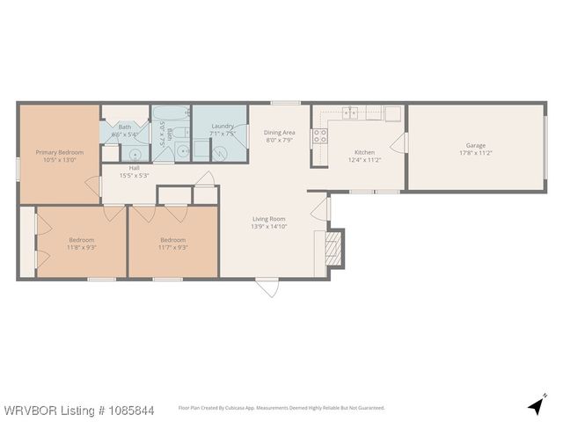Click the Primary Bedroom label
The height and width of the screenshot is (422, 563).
(x=59, y=152)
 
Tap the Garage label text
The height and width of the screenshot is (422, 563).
(x=476, y=145)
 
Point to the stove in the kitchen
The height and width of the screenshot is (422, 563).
(x=320, y=135)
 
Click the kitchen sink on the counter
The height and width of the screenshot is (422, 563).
(x=351, y=113)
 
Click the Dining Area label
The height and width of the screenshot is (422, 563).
(x=280, y=133)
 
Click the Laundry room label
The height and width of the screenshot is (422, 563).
(x=223, y=127)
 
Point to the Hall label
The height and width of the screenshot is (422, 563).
(x=135, y=168)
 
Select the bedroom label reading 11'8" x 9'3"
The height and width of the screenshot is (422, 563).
(x=82, y=247)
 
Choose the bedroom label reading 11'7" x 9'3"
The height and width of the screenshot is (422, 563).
(x=172, y=247)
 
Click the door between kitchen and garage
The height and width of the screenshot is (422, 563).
(x=405, y=144)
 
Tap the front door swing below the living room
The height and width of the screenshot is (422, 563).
(x=267, y=287)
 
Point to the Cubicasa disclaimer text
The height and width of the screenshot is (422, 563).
(x=282, y=408)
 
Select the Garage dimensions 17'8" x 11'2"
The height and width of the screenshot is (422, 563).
(x=476, y=153)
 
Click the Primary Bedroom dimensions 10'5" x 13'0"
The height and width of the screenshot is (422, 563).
(x=59, y=160)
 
